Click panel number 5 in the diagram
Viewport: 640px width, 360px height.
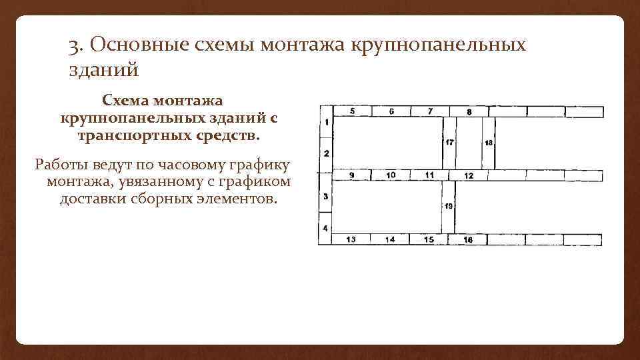[x=351, y=111]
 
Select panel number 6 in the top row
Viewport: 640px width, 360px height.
[x=391, y=111]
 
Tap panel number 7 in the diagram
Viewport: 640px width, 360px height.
[x=430, y=111]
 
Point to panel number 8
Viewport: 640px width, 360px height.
[x=469, y=111]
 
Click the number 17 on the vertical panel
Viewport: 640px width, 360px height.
[x=449, y=142]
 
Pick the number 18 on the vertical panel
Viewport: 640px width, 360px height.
[x=489, y=143]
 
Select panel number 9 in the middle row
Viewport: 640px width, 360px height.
[x=351, y=175]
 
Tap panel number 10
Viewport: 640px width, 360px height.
[x=391, y=175]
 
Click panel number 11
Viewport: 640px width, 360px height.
[x=430, y=175]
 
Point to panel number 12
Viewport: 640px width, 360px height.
[x=469, y=175]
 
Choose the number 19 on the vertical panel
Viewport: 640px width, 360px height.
[x=449, y=207]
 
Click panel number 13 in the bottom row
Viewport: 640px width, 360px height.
[x=351, y=239]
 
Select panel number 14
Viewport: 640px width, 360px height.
[x=390, y=239]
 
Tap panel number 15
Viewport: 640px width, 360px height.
[x=429, y=239]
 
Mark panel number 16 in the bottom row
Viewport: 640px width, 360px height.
[x=468, y=240]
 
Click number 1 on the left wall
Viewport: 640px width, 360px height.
[x=326, y=123]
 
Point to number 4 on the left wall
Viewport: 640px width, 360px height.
[x=325, y=229]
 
